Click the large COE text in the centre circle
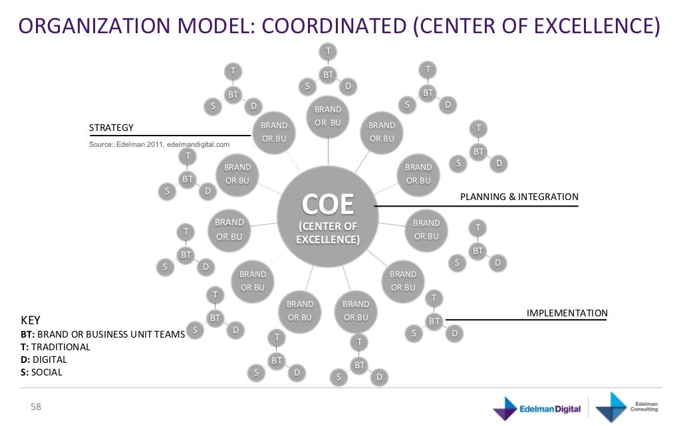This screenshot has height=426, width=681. pos(328,205)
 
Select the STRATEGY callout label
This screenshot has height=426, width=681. pos(112,128)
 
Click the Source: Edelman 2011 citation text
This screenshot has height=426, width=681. pos(159,144)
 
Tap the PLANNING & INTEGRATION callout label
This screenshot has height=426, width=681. pos(519,197)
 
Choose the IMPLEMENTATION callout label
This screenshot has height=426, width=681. pos(567,313)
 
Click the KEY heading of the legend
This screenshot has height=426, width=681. pos(31,320)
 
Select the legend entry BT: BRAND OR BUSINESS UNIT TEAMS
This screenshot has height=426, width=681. pos(102,334)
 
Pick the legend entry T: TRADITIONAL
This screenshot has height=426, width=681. pos(55,347)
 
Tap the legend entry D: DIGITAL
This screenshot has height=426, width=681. pos(44,360)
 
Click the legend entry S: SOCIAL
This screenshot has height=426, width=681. pos(41,372)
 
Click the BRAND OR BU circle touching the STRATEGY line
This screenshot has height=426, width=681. pos(273,132)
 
